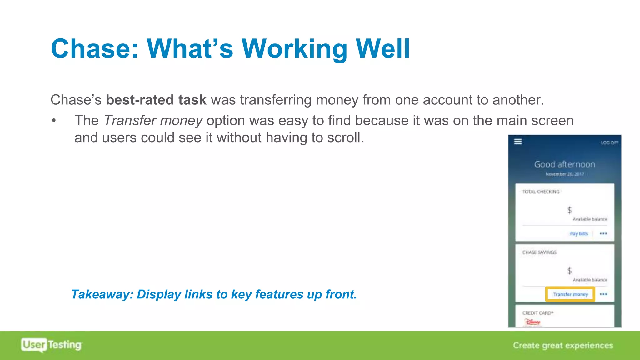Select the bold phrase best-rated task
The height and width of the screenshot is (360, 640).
click(156, 100)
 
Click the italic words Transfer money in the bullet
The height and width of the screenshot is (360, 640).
click(153, 121)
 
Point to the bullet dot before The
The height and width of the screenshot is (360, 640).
click(54, 121)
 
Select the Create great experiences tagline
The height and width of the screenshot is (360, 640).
click(563, 345)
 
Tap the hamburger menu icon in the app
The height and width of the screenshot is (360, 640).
click(518, 142)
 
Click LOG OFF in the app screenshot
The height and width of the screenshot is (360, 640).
click(609, 143)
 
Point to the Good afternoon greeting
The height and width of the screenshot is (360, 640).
click(564, 164)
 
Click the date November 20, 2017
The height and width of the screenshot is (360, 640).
click(564, 174)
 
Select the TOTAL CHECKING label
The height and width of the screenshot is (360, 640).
click(541, 192)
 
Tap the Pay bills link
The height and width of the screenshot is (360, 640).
click(579, 234)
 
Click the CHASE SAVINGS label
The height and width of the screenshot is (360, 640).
click(539, 252)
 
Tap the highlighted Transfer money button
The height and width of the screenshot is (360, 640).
click(570, 294)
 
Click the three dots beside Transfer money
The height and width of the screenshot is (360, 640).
click(603, 294)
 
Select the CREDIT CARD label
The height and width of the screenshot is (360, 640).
click(537, 313)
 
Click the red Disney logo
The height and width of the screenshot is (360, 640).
click(532, 322)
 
